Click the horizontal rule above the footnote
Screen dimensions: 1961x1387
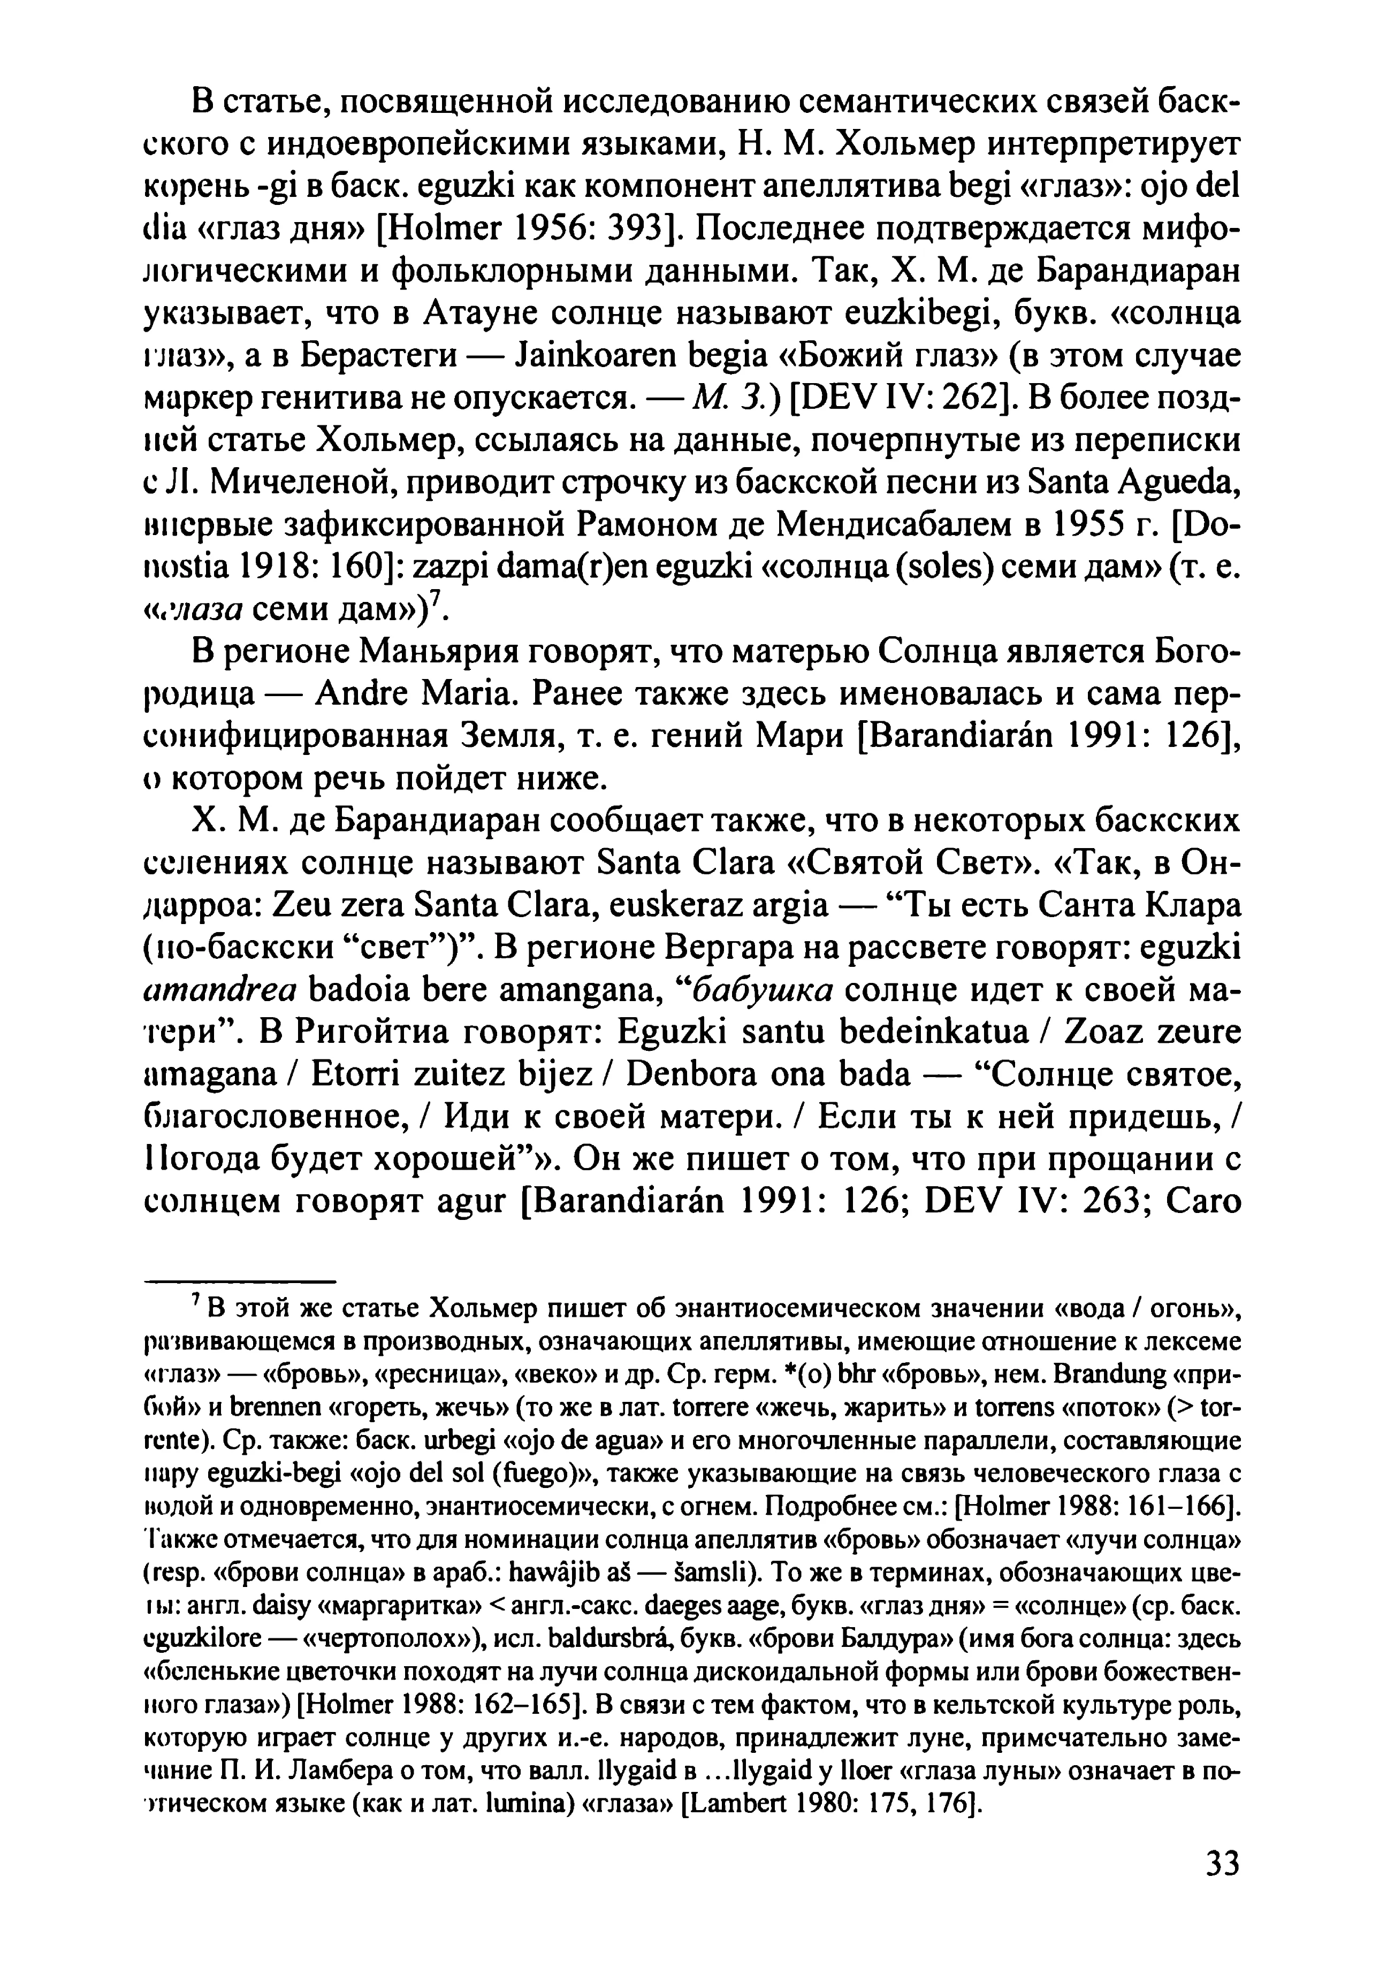[241, 1282]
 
